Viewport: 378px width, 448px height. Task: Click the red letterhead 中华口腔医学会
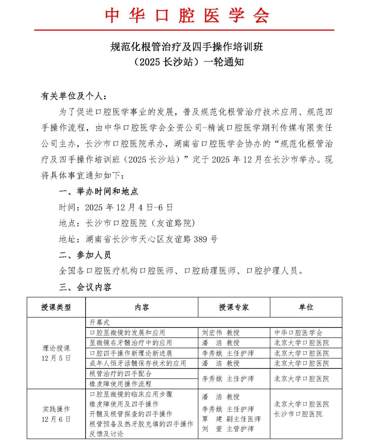187,15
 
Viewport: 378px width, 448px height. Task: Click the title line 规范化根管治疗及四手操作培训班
187,47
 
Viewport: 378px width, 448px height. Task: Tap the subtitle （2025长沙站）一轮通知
188,62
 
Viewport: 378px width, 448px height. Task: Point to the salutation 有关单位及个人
74,96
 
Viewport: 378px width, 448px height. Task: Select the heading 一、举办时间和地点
98,191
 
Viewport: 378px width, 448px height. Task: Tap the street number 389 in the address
200,239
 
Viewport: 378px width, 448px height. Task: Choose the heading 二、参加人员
85,255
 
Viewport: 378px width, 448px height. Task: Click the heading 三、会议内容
85,287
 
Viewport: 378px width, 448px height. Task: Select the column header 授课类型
56,307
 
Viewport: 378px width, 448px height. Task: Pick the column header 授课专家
234,307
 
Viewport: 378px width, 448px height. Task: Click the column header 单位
306,307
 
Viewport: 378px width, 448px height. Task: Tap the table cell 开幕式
99,322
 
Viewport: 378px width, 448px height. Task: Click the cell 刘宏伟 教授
221,333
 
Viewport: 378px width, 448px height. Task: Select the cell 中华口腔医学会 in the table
298,333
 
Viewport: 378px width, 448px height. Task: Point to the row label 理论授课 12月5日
56,353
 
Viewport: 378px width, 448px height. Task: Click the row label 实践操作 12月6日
56,414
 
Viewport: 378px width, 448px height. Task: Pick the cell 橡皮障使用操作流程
120,384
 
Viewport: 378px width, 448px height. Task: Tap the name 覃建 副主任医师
231,419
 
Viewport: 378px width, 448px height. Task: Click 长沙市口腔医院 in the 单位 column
298,414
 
